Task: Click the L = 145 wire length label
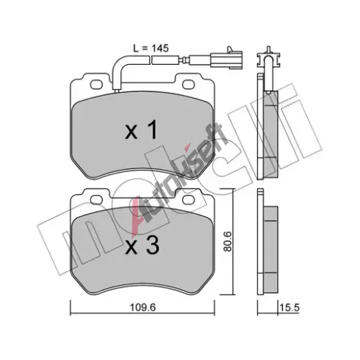tap(151, 48)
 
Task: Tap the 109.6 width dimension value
tap(143, 307)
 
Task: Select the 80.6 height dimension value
tap(227, 241)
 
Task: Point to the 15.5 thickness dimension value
tap(289, 307)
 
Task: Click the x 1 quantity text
tap(142, 130)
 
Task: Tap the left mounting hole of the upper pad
tap(96, 84)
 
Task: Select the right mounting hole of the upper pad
tap(189, 84)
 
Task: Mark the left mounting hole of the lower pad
tap(96, 199)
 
